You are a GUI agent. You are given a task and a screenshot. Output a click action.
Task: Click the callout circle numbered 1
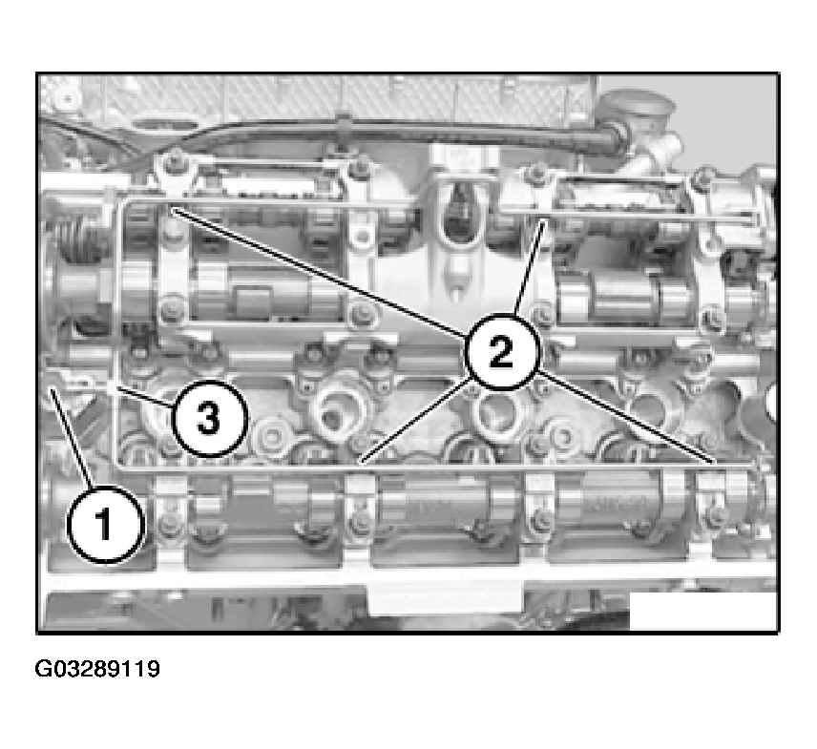coord(106,524)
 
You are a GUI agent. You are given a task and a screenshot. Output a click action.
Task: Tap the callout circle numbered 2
coord(501,352)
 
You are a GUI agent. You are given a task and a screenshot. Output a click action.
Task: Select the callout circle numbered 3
coord(208,418)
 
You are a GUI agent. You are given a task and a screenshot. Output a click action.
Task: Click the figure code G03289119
coord(97,669)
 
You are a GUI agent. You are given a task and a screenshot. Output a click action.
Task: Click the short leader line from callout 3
coord(144,396)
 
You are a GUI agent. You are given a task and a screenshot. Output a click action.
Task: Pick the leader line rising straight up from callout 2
coord(530,268)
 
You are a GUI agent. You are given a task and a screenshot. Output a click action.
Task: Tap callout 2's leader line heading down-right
coord(626,416)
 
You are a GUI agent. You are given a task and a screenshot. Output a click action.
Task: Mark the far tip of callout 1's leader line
coord(51,387)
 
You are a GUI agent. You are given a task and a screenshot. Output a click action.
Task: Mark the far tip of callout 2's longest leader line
coord(174,209)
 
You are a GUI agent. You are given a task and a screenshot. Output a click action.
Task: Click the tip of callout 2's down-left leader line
coord(361,463)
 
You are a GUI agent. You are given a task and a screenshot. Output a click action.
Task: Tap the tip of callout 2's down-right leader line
coord(715,463)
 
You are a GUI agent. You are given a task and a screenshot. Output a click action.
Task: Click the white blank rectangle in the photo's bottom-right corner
coord(702,611)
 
